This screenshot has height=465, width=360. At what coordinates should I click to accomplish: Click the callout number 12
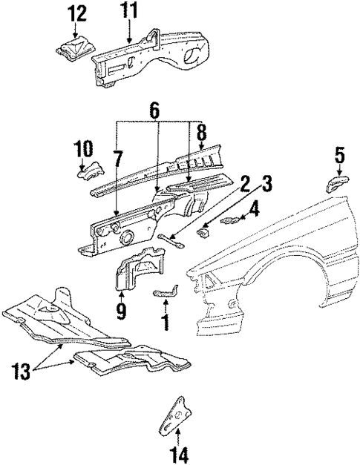[76, 13]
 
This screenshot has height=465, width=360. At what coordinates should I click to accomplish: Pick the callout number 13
[22, 370]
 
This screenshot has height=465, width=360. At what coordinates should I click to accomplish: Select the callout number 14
[179, 452]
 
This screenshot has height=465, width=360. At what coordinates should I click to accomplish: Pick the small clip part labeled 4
[235, 220]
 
